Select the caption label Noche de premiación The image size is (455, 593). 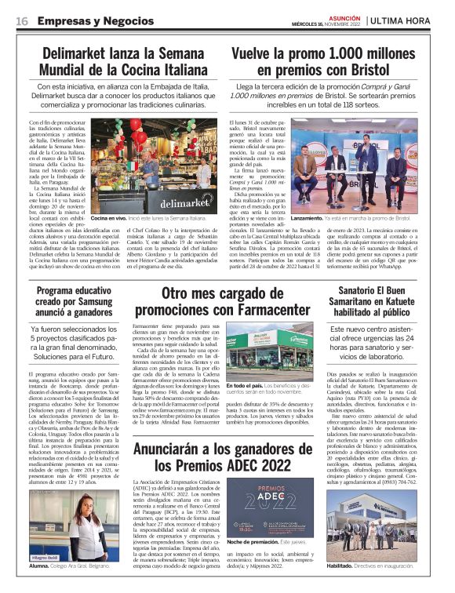coord(251,541)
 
